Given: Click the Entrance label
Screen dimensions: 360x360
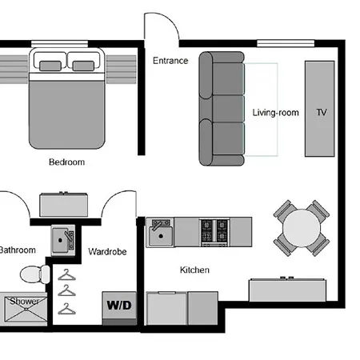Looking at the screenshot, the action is point(170,61).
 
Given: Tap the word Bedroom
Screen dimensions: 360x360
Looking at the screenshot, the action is point(67,162).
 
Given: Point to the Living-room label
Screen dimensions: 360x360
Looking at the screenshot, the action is point(275,113).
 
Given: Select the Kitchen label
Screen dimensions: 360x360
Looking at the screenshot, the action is point(194,270).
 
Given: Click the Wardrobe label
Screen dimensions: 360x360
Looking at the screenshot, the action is point(107,251).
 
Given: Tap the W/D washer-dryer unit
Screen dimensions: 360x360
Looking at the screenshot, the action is point(119,308).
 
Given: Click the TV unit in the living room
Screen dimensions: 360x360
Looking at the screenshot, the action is point(320,109).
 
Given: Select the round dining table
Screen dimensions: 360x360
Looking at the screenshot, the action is point(302,228).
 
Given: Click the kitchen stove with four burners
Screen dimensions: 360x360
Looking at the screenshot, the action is point(214,232).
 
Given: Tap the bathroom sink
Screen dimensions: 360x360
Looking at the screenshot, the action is point(63,240).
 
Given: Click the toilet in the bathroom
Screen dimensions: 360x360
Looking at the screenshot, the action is point(35,274).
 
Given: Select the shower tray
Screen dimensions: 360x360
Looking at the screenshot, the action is point(26,309).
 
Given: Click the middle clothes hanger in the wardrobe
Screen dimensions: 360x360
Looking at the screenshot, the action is point(66,290).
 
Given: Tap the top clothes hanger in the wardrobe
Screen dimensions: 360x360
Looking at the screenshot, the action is point(66,274).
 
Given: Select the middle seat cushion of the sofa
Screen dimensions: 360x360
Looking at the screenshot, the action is point(228,109).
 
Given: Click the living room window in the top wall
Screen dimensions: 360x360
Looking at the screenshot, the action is point(286,43).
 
